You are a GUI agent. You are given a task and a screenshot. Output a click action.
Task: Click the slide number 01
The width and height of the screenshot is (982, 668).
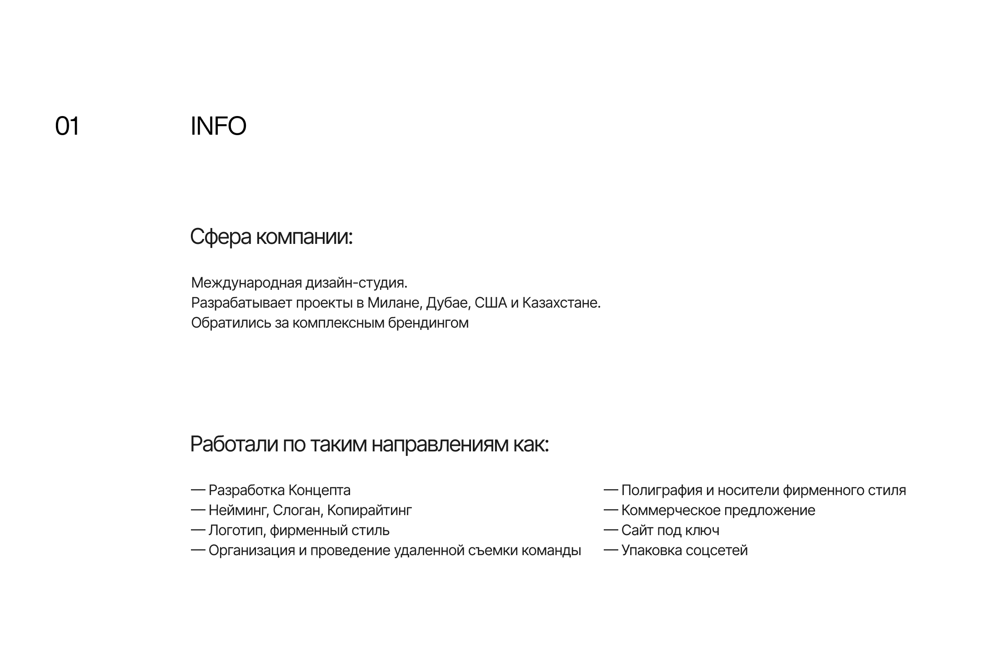67,126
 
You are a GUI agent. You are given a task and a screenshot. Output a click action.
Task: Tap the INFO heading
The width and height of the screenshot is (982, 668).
218,126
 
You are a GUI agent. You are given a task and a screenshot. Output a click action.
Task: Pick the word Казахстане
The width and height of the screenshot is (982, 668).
561,303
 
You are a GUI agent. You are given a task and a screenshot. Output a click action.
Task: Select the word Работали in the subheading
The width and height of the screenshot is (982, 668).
234,444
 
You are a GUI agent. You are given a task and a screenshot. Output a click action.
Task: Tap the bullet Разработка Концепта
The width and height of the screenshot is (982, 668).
279,491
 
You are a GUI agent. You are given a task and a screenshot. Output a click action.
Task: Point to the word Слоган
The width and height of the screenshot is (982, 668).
298,511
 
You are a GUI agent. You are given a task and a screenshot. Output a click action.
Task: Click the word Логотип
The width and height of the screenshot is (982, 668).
236,531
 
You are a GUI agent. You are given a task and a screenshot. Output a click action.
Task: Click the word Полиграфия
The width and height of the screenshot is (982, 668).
661,491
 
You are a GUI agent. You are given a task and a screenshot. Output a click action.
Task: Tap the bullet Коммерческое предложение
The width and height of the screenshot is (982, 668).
718,511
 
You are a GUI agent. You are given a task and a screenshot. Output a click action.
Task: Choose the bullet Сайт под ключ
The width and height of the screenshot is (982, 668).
670,531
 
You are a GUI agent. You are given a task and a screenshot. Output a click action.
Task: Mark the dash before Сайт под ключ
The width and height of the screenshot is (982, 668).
611,530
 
